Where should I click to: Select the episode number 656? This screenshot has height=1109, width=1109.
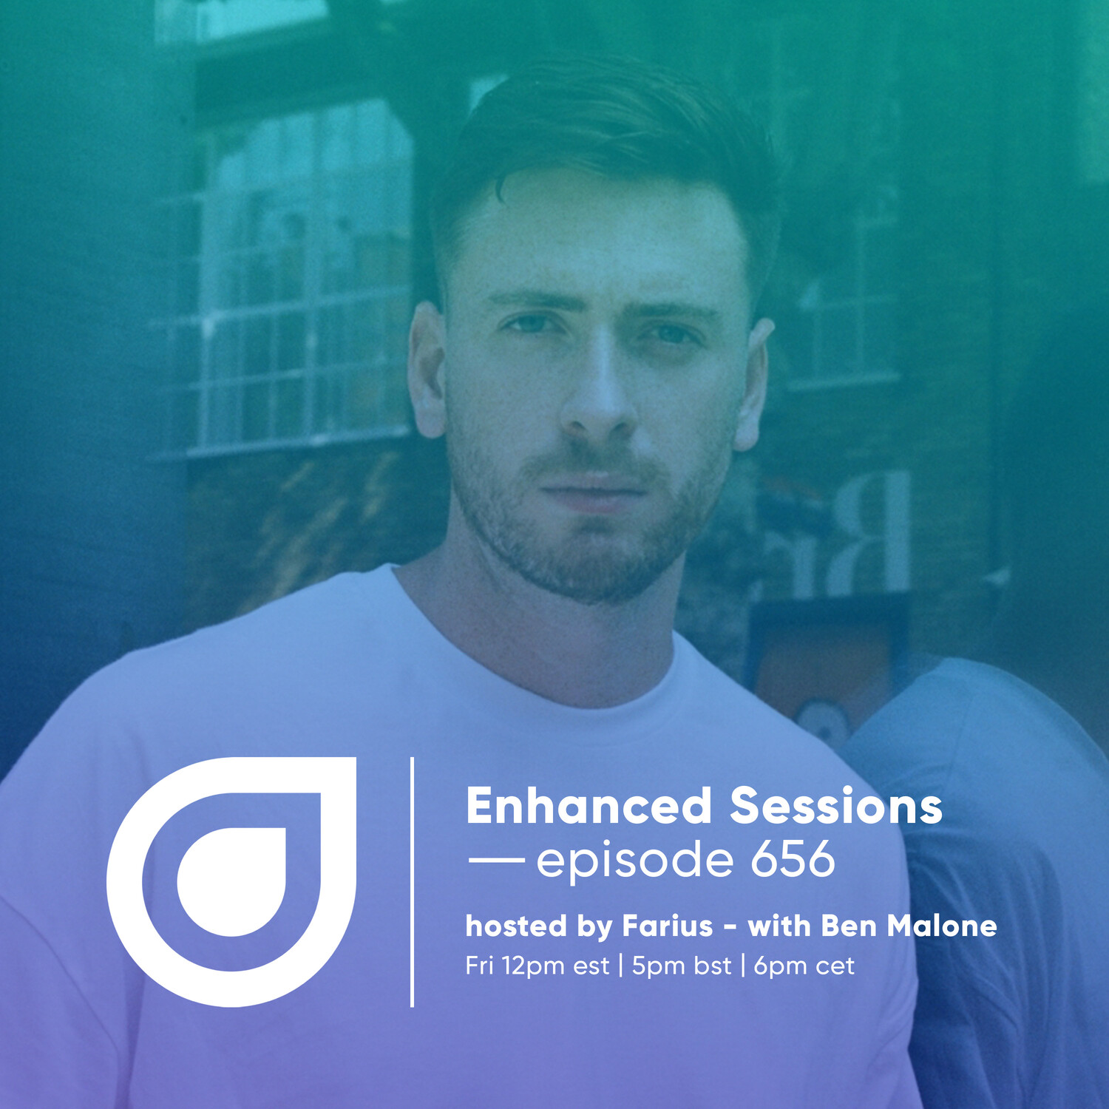click(793, 859)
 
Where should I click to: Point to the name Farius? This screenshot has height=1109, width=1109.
click(668, 926)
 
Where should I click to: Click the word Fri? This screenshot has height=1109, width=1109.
click(480, 966)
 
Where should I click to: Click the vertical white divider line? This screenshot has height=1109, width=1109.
click(412, 882)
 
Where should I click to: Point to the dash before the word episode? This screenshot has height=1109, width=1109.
click(496, 860)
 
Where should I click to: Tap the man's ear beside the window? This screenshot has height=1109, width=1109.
click(427, 370)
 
